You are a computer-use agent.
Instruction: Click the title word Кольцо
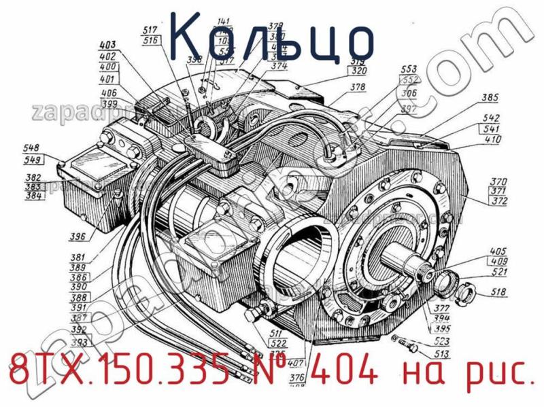(x=271, y=37)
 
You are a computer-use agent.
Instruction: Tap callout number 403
(x=109, y=46)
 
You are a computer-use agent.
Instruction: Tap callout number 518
(x=500, y=293)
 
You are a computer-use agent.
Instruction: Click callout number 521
(x=500, y=272)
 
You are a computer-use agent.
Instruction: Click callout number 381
(x=78, y=258)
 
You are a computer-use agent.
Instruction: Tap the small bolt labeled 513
(x=409, y=345)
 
